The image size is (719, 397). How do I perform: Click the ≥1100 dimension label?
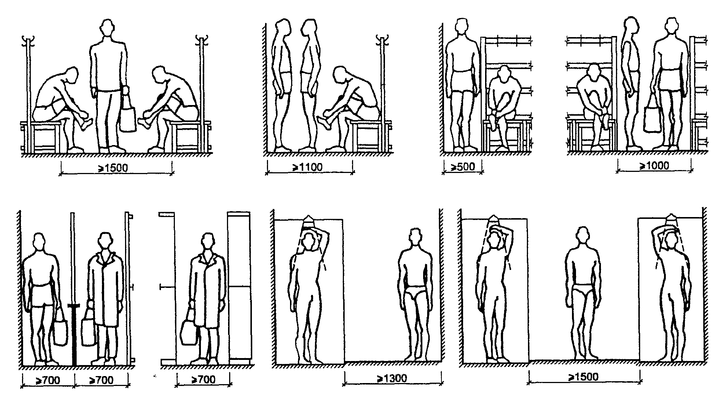coord(307,167)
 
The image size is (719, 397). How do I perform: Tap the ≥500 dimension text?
coord(462,167)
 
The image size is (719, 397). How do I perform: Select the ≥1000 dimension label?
coord(654,166)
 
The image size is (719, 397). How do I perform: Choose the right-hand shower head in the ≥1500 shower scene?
coord(672,219)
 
